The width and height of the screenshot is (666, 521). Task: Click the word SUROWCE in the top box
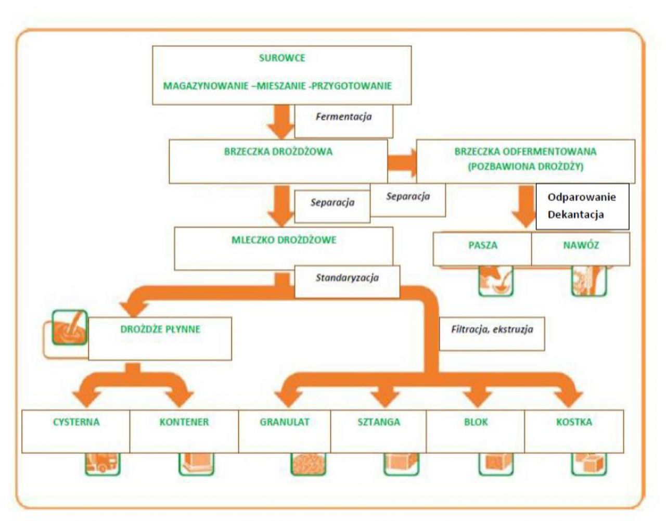282,58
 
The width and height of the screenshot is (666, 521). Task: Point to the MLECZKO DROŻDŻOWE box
284,248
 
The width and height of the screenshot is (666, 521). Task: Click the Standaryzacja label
347,278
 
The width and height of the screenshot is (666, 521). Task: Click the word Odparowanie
581,197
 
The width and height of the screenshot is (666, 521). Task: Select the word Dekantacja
575,214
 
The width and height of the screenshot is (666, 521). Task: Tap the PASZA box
482,248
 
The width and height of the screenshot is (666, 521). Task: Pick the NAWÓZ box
581,248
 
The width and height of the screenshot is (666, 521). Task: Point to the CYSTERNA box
76,430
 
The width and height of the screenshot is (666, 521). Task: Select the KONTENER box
184,430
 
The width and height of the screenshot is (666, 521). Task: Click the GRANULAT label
285,422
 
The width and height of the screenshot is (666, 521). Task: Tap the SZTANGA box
379,430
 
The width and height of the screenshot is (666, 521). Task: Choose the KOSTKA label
574,422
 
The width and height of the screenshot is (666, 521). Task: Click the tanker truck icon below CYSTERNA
102,464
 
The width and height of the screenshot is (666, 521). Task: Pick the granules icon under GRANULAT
308,464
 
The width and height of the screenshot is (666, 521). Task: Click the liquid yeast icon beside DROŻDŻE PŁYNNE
70,328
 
